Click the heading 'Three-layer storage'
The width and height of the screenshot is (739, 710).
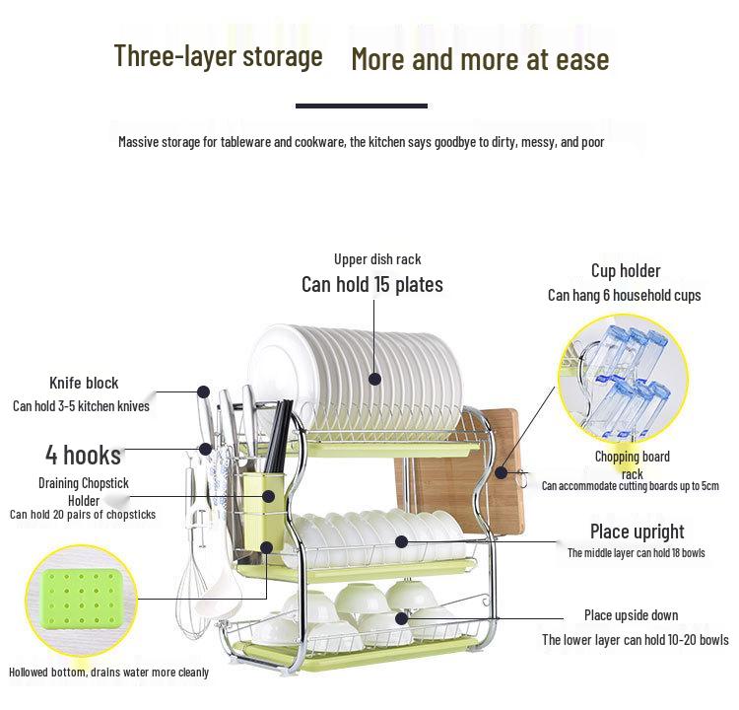(218, 56)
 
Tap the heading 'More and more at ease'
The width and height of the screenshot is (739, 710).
(480, 59)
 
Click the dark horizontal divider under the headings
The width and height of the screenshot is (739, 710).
(362, 106)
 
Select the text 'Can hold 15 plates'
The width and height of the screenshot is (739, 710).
(372, 285)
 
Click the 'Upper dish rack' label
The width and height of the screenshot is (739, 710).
(377, 259)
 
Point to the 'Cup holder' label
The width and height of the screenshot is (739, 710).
(626, 270)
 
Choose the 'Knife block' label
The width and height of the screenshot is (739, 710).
(84, 383)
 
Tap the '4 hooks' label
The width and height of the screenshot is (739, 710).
(83, 455)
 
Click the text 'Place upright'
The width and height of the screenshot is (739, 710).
(637, 532)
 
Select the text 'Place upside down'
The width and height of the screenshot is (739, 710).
(631, 615)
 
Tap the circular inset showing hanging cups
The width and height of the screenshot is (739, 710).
(623, 379)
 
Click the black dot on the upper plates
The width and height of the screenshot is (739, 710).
(374, 377)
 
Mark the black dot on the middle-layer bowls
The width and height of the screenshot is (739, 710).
(402, 541)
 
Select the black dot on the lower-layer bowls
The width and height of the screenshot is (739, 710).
(402, 618)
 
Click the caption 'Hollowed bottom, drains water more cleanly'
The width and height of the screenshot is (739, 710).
(109, 673)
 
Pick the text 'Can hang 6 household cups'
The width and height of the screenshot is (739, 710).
(625, 295)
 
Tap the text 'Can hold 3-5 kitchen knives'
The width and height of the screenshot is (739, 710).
(81, 405)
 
